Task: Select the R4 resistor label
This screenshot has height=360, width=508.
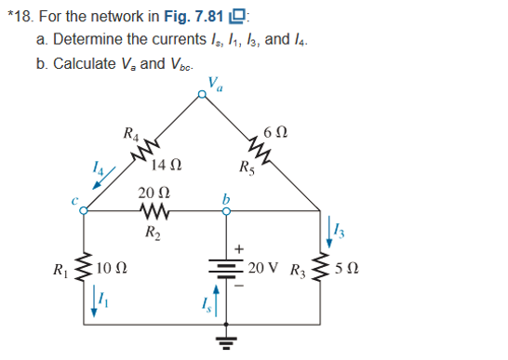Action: pos(132,133)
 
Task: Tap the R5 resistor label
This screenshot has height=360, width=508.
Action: pos(247,168)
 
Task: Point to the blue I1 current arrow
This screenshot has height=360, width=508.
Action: pos(98,300)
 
